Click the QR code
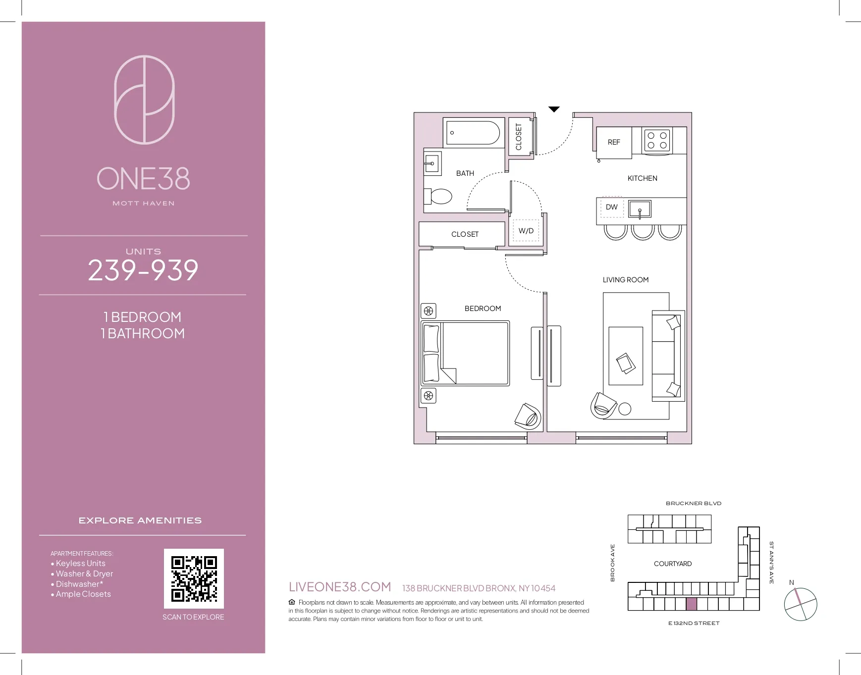(194, 578)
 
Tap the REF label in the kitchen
(614, 142)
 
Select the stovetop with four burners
(657, 140)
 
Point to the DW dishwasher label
(612, 207)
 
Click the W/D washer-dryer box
(526, 231)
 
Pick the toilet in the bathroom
(440, 197)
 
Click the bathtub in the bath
(473, 133)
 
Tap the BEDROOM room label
(483, 309)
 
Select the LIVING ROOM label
(625, 280)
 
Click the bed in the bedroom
(465, 353)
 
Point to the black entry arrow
(554, 109)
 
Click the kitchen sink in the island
(640, 209)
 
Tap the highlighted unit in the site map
(691, 604)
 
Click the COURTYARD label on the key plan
(672, 564)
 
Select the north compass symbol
(800, 604)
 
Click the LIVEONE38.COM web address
(340, 587)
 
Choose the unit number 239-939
(143, 270)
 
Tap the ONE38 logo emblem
(144, 100)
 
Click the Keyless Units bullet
(80, 563)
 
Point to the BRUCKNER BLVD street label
(693, 503)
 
